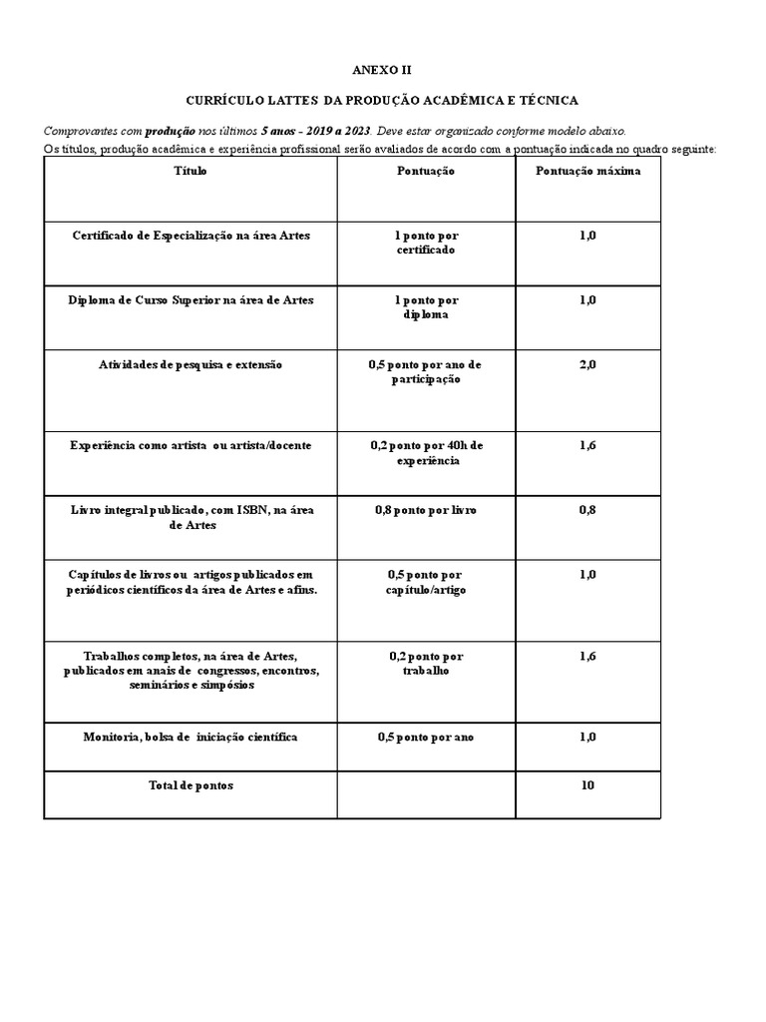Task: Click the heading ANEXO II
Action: tap(382, 70)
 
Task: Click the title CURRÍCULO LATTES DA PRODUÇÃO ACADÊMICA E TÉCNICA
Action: tap(382, 101)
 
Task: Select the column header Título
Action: tap(191, 171)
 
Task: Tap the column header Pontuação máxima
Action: tap(587, 171)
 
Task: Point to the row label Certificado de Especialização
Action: tap(191, 236)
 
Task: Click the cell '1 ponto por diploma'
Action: tap(426, 306)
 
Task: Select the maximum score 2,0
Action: tap(587, 365)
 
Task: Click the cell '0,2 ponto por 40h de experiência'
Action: tap(426, 453)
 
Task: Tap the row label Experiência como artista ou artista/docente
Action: tap(191, 445)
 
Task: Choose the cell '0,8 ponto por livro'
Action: tap(426, 510)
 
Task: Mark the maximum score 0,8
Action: tap(587, 510)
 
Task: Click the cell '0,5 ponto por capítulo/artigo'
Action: tap(426, 582)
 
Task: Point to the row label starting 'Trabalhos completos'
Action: tap(191, 670)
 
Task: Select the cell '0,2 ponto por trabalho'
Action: tap(426, 663)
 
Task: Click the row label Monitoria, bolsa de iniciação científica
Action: tap(191, 737)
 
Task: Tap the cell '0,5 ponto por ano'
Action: tap(426, 737)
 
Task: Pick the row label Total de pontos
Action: tap(191, 785)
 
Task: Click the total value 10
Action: tap(587, 785)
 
